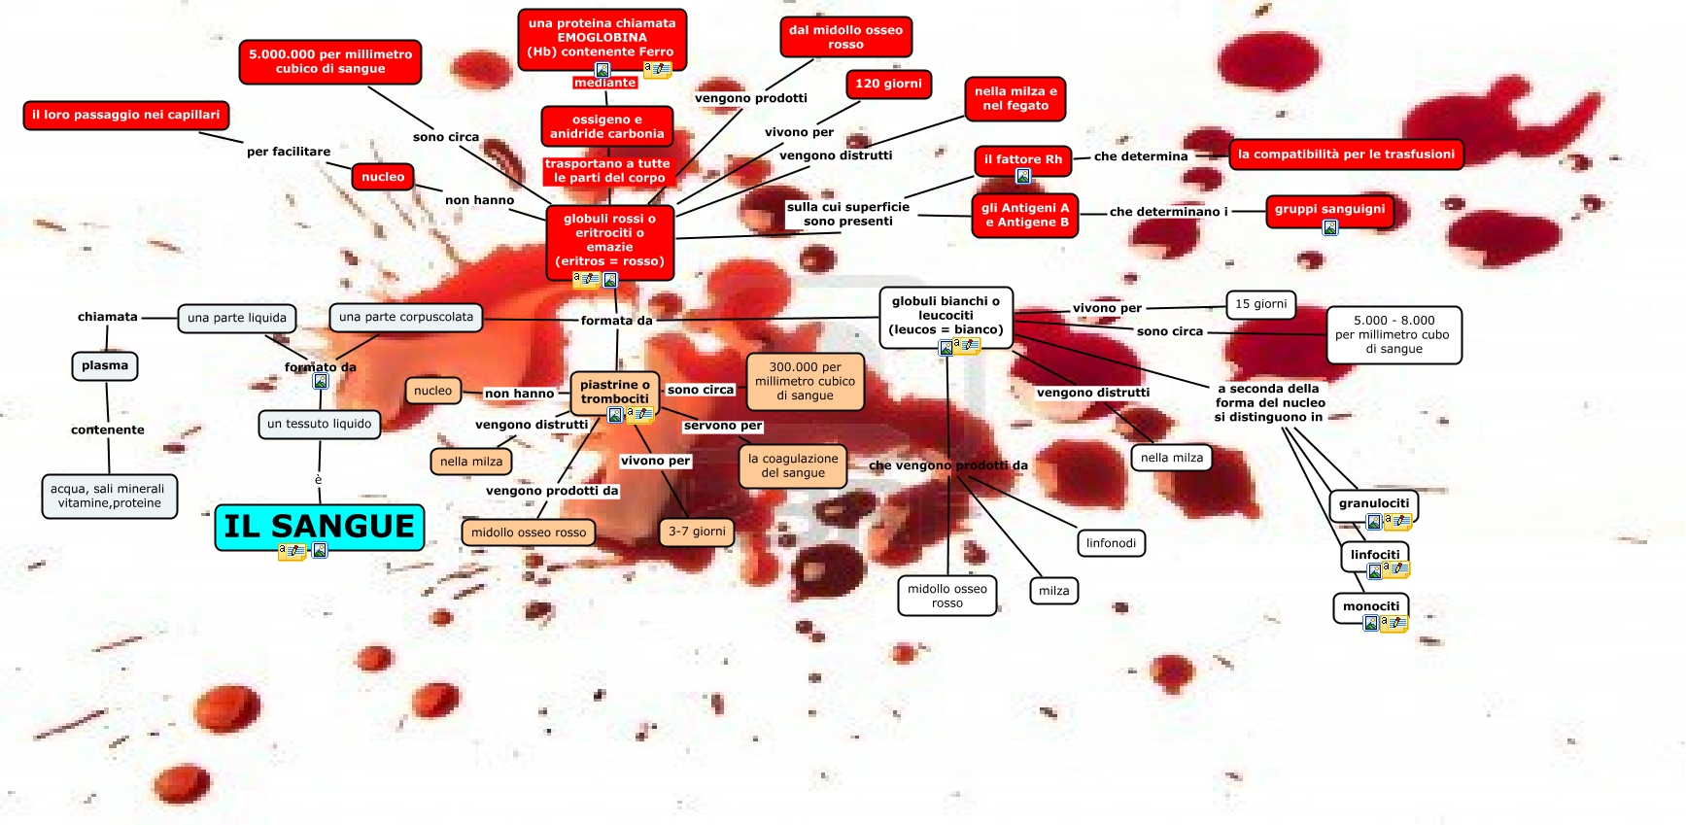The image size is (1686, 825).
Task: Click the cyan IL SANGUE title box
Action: coord(319,527)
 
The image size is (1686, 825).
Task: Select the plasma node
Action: coord(105,366)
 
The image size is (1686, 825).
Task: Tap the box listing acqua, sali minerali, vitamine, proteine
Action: coord(108,497)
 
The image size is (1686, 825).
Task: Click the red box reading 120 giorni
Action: coord(888,85)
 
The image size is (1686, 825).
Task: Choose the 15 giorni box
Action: coord(1260,304)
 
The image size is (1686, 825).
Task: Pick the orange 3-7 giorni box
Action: coord(697,532)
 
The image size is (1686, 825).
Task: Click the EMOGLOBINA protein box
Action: coord(602,39)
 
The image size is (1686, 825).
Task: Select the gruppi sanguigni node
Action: coord(1329,209)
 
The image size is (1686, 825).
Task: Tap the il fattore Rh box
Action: coord(1022,159)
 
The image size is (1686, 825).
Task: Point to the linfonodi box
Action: coord(1111,543)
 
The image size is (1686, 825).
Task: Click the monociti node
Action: coord(1370,606)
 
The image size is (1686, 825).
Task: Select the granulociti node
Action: coord(1373,503)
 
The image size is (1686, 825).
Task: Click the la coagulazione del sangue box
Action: coord(793,466)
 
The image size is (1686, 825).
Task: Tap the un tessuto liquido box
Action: coord(319,424)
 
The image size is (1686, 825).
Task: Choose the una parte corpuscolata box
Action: coord(406,317)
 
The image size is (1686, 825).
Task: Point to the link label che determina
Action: coord(1141,156)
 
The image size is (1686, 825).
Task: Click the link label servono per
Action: coord(723,426)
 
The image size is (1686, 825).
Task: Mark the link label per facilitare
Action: coord(289,152)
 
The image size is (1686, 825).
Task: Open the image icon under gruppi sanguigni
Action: coord(1330,227)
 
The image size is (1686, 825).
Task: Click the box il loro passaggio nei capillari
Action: coord(125,115)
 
